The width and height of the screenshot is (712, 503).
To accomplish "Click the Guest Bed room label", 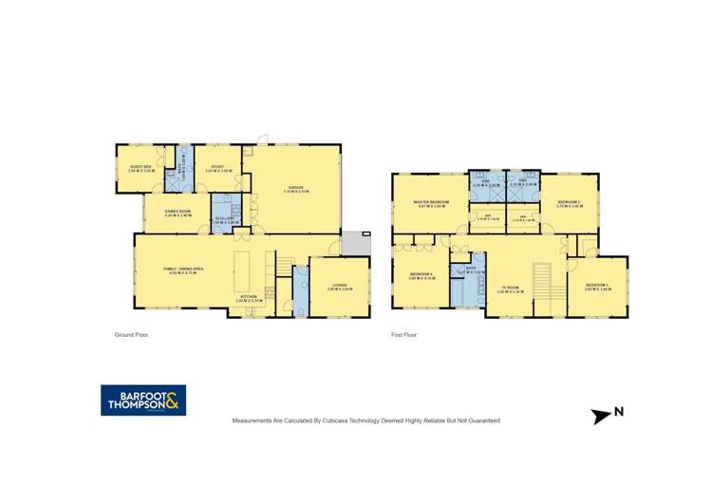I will (x=141, y=169).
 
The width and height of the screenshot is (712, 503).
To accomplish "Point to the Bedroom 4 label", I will (x=422, y=276).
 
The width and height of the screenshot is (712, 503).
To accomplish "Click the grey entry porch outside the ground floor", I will (x=354, y=244).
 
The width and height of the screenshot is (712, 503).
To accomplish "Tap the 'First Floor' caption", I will (x=404, y=334).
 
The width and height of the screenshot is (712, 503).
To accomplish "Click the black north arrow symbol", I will (x=601, y=415).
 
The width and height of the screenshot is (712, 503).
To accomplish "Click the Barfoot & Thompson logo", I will (x=143, y=401).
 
